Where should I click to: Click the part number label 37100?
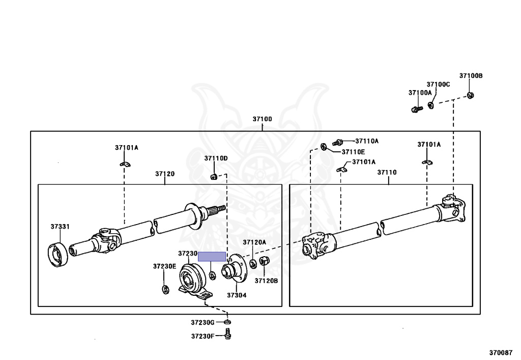(262, 119)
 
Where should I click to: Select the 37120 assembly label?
(165, 174)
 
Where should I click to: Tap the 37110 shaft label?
(387, 173)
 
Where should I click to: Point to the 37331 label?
(60, 227)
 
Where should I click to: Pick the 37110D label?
(216, 158)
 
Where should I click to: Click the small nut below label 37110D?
(214, 177)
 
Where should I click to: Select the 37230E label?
(164, 266)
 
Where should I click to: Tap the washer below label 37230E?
(165, 290)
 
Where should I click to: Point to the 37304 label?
(237, 295)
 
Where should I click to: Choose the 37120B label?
(266, 281)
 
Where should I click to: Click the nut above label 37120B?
(264, 262)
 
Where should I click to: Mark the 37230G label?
(203, 322)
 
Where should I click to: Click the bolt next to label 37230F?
(227, 335)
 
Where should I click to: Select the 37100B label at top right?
(471, 76)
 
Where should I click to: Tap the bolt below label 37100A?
(415, 109)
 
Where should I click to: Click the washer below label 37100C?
(430, 105)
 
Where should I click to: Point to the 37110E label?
(354, 152)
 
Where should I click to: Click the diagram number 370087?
(501, 352)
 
